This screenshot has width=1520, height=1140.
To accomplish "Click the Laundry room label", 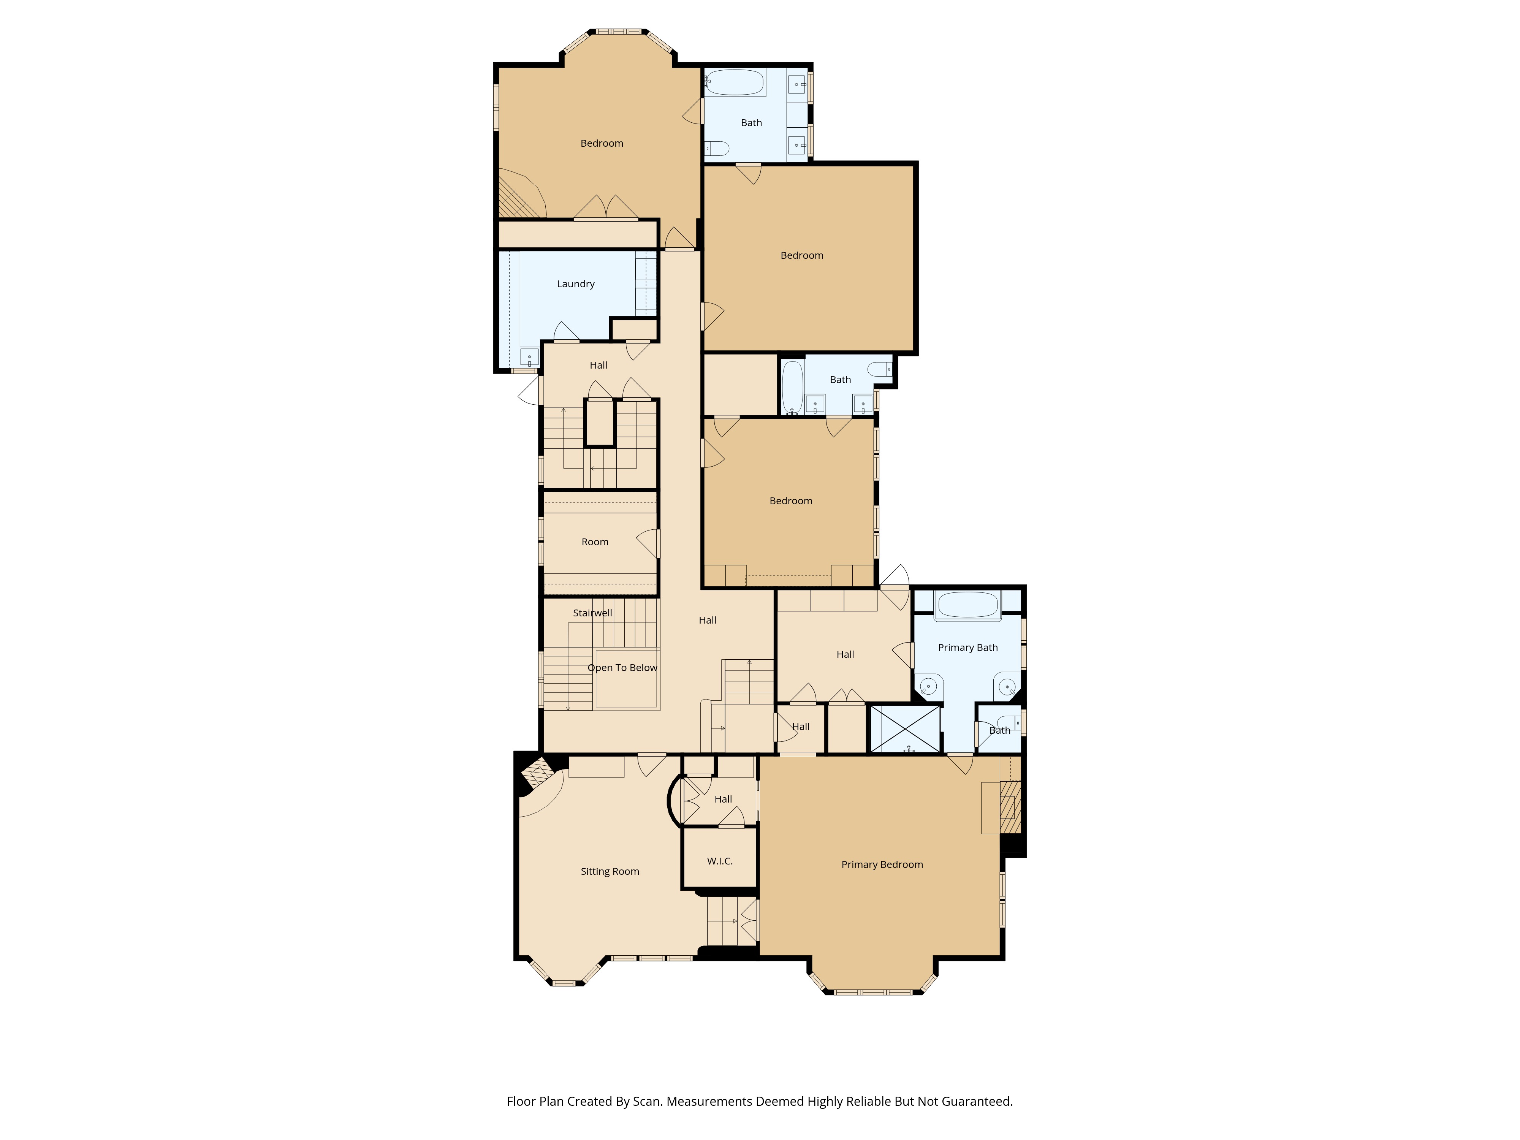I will click(575, 284).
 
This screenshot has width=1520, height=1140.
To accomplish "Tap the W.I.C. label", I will click(719, 861).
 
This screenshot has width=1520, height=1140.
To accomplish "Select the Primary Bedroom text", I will click(882, 864).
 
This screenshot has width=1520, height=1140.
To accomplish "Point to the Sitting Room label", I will click(610, 871).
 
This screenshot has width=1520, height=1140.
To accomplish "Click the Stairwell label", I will click(592, 613).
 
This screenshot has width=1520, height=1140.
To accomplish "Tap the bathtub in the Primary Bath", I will click(967, 605).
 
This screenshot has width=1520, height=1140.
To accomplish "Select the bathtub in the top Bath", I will click(735, 82).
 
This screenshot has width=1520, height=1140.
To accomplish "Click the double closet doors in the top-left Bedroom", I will click(606, 208).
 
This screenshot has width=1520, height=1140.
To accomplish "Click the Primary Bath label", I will click(967, 647).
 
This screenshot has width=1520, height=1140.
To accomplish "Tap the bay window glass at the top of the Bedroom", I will click(618, 32).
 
